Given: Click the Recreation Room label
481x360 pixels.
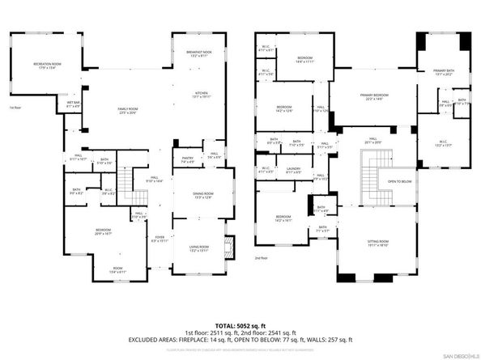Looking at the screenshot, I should point(48,65).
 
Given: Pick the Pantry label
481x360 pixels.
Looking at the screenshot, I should point(187,161).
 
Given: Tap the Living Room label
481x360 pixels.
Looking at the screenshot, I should point(198,249).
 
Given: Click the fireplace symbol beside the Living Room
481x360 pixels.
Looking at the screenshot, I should point(228,245).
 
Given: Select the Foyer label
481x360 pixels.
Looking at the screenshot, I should point(160,239).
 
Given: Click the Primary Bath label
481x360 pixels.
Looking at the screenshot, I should point(442,73).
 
